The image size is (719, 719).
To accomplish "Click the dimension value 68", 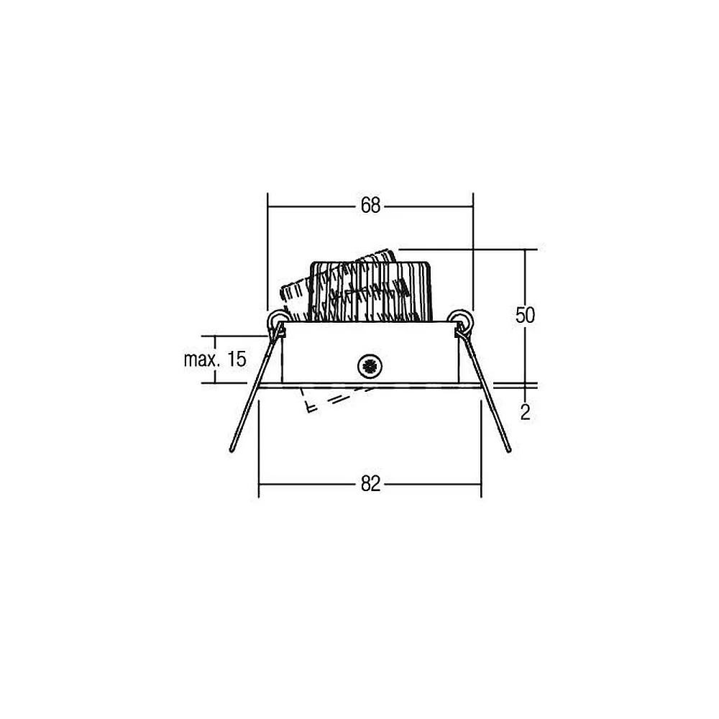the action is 370,206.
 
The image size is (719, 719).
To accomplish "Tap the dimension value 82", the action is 370,484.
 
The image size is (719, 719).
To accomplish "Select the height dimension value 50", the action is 525,316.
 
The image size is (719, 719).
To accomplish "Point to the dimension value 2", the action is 526,413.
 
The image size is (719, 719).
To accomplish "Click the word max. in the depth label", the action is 200,359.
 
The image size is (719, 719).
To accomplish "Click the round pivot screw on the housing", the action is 369,366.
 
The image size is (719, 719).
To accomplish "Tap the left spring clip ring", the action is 278,319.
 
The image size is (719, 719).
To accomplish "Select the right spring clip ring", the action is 460,319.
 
